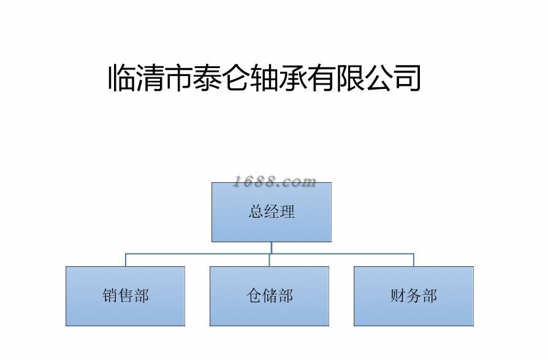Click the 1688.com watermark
pos(275,182)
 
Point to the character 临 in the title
pos(123,78)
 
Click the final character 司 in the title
pos(406,78)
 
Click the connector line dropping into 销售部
pos(126,260)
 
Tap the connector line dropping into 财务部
pos(414,260)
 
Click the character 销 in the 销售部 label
pos(110,296)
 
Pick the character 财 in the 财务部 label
pos(398,296)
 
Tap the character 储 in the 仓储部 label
pos(270,296)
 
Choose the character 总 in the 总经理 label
pos(256,212)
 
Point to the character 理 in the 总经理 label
pos(287,212)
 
